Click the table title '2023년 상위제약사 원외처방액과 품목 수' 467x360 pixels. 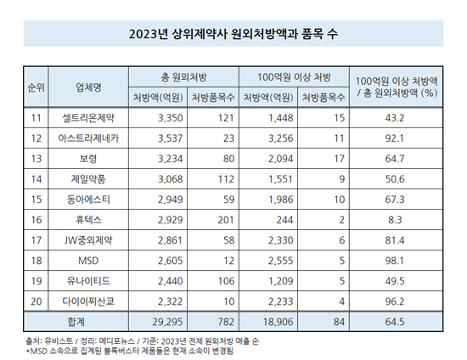click(233, 34)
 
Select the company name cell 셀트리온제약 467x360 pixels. click(88, 118)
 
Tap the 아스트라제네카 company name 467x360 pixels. click(88, 138)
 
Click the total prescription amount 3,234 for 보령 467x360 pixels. click(171, 159)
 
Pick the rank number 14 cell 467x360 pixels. click(36, 179)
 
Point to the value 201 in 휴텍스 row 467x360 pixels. click(226, 220)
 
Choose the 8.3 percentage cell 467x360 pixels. click(395, 220)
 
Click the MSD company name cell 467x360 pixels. click(88, 261)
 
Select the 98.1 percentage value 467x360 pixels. click(395, 261)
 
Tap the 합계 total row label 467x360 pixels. click(76, 322)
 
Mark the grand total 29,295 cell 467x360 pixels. click(167, 322)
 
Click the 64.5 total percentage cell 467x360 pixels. click(395, 322)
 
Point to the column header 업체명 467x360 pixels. click(88, 87)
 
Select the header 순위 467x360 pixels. click(36, 87)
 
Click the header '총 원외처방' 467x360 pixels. click(183, 77)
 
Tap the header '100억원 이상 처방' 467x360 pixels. click(295, 77)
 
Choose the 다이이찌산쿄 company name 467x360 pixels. click(88, 301)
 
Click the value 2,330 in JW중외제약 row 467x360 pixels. click(281, 240)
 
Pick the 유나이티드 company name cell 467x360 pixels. click(88, 281)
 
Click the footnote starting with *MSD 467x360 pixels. click(130, 351)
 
